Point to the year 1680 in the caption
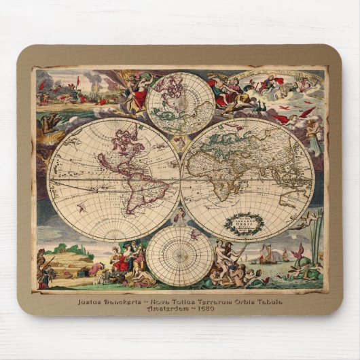[x=204, y=308]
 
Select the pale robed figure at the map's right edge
[x=313, y=136]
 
